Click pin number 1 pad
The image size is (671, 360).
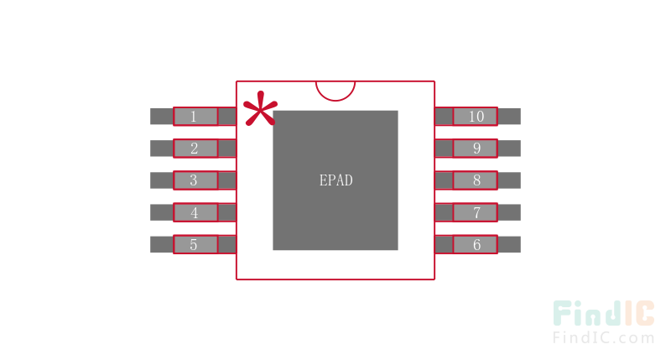[x=195, y=117]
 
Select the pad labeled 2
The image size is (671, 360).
[x=195, y=149]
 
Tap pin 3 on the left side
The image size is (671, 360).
[x=195, y=180]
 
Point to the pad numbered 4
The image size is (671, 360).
[x=195, y=212]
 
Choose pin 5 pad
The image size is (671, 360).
[x=195, y=244]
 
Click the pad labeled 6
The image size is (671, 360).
[x=476, y=244]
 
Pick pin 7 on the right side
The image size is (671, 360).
[x=476, y=212]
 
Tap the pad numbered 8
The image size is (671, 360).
[x=476, y=180]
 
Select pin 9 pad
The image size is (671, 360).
[x=476, y=149]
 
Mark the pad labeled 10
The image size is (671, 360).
[x=476, y=117]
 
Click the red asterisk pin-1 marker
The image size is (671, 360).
[x=259, y=109]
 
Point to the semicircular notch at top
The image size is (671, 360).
[x=335, y=89]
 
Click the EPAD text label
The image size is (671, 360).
[x=335, y=180]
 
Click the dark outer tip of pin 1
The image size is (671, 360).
[x=161, y=117]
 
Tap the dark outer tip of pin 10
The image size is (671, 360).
[x=509, y=117]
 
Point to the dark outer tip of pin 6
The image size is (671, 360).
[x=509, y=244]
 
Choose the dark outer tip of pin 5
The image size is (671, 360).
[x=161, y=244]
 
